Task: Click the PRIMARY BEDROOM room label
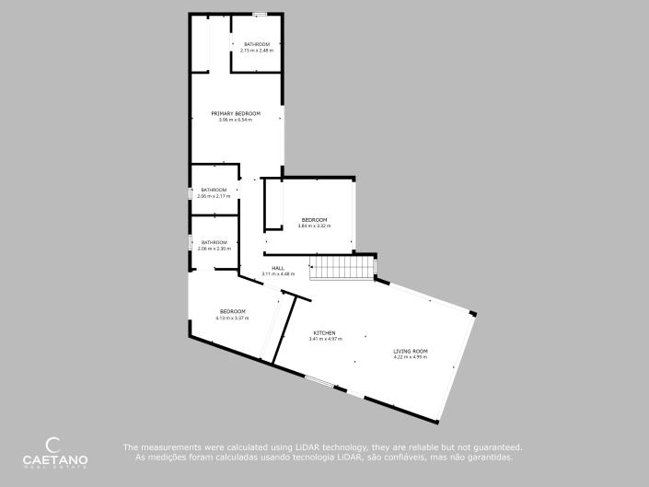tap(236, 113)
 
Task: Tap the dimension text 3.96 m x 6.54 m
tap(236, 121)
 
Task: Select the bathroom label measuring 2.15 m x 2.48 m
tap(257, 44)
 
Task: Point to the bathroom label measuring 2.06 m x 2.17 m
tap(214, 190)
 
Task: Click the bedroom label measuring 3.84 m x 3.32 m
tap(314, 219)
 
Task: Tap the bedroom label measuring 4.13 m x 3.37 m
tap(232, 311)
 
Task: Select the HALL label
tap(277, 268)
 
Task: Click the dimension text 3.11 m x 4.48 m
tap(277, 274)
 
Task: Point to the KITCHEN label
tap(324, 332)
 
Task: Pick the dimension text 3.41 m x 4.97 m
tap(324, 339)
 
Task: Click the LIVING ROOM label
tap(411, 351)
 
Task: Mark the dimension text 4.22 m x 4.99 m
tap(411, 357)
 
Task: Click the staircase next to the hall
tap(342, 268)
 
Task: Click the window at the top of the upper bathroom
tap(261, 14)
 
